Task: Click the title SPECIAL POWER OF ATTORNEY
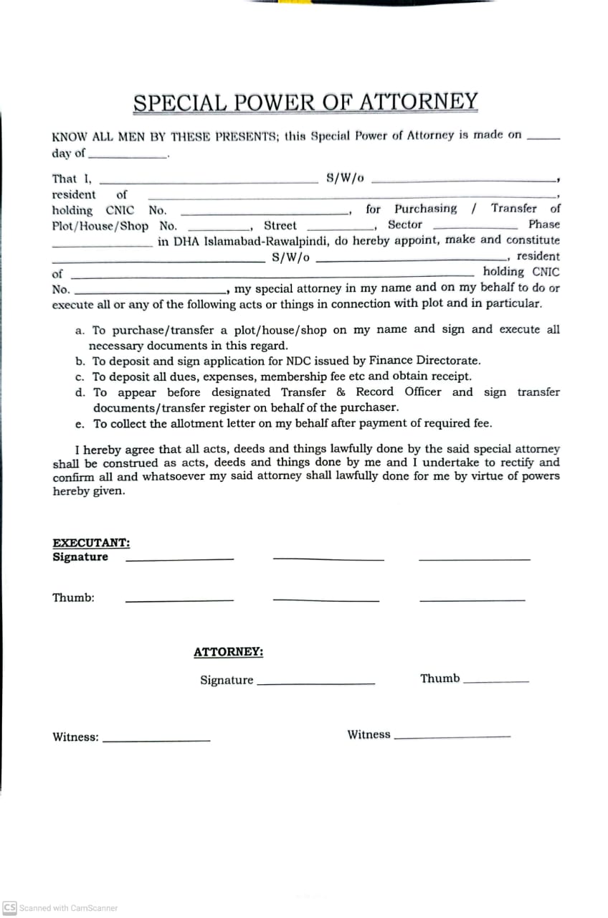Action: tap(305, 103)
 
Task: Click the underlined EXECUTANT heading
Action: tap(91, 544)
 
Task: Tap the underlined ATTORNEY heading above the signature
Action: tap(228, 652)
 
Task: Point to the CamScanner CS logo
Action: tap(10, 907)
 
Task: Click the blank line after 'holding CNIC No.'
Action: tap(264, 213)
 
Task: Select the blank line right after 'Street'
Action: tap(337, 228)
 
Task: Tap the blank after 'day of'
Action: tap(127, 156)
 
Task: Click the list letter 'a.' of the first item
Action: tap(80, 331)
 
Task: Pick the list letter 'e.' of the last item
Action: tap(80, 424)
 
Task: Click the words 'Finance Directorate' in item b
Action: tap(434, 361)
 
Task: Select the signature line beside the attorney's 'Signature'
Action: tap(315, 683)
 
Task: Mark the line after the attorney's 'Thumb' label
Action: tap(496, 681)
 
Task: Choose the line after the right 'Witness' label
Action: tap(452, 737)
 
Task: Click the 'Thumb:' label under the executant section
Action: tap(73, 597)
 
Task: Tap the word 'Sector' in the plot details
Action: tap(405, 224)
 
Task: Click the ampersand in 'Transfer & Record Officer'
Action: tap(341, 392)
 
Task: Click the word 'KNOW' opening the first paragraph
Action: tap(67, 136)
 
